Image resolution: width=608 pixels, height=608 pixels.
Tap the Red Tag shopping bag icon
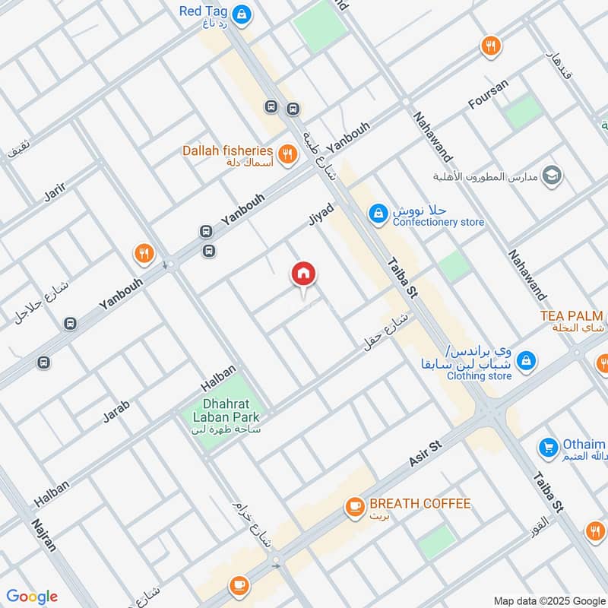pyautogui.click(x=242, y=13)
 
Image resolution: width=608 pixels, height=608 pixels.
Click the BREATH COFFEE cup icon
pyautogui.click(x=354, y=505)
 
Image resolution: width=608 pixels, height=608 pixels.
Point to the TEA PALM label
pyautogui.click(x=571, y=315)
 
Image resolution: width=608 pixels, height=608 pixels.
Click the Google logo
pyautogui.click(x=31, y=597)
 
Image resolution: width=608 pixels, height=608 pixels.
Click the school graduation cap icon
pyautogui.click(x=553, y=176)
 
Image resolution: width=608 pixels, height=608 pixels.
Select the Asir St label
pyautogui.click(x=426, y=453)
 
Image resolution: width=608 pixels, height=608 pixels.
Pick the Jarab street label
pyautogui.click(x=116, y=410)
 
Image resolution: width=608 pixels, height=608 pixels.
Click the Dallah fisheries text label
pyautogui.click(x=227, y=150)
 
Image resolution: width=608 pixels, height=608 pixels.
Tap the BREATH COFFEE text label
pyautogui.click(x=420, y=504)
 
